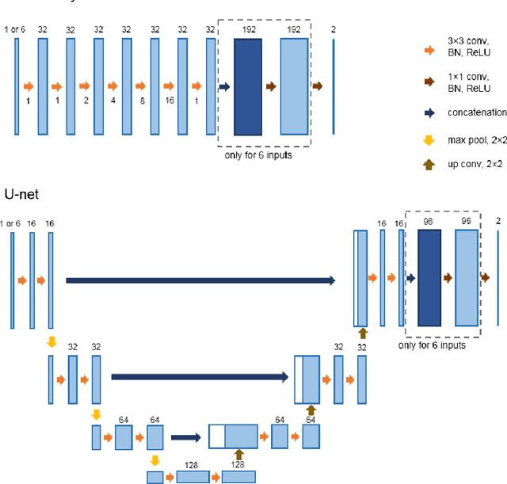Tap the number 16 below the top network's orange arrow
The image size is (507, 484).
pyautogui.click(x=169, y=101)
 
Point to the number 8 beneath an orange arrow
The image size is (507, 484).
pyautogui.click(x=141, y=101)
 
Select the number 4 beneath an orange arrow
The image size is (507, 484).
pyautogui.click(x=112, y=101)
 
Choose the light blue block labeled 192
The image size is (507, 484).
pyautogui.click(x=295, y=86)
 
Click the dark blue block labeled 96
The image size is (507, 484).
pyautogui.click(x=429, y=279)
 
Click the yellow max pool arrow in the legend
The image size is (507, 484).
pyautogui.click(x=429, y=141)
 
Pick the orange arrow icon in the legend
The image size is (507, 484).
pyautogui.click(x=429, y=51)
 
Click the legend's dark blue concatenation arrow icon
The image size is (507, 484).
pyautogui.click(x=429, y=112)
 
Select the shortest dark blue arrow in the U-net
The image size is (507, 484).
pyautogui.click(x=187, y=436)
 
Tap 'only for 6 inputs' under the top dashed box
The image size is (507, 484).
pyautogui.click(x=259, y=155)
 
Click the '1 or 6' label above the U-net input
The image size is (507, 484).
pyautogui.click(x=11, y=224)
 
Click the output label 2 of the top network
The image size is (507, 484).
pyautogui.click(x=333, y=29)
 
